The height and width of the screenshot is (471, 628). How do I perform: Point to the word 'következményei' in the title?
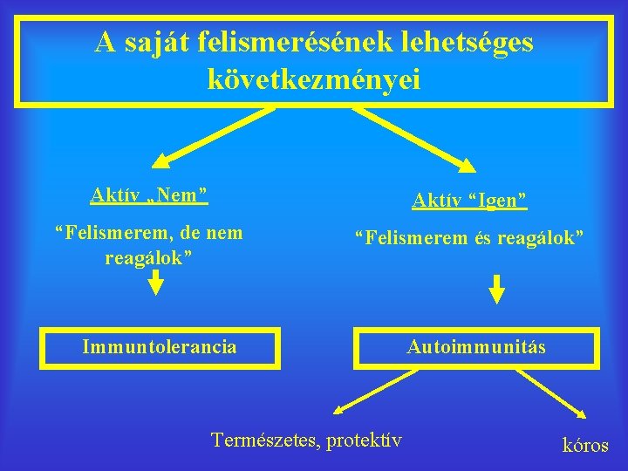tap(314, 79)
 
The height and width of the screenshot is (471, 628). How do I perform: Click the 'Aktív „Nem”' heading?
tap(149, 194)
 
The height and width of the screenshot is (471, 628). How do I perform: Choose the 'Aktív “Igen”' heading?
tap(469, 201)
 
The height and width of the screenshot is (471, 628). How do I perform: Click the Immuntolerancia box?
tap(159, 347)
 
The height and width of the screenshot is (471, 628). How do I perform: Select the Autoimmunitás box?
tap(476, 347)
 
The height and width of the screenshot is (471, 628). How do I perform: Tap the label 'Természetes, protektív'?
tap(306, 440)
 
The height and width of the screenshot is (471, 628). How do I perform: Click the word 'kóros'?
tap(585, 445)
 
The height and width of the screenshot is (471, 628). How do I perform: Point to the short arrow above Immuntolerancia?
tap(155, 282)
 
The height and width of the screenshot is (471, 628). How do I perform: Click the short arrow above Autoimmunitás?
tap(495, 289)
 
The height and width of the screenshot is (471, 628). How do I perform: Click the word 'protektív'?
tap(364, 440)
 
